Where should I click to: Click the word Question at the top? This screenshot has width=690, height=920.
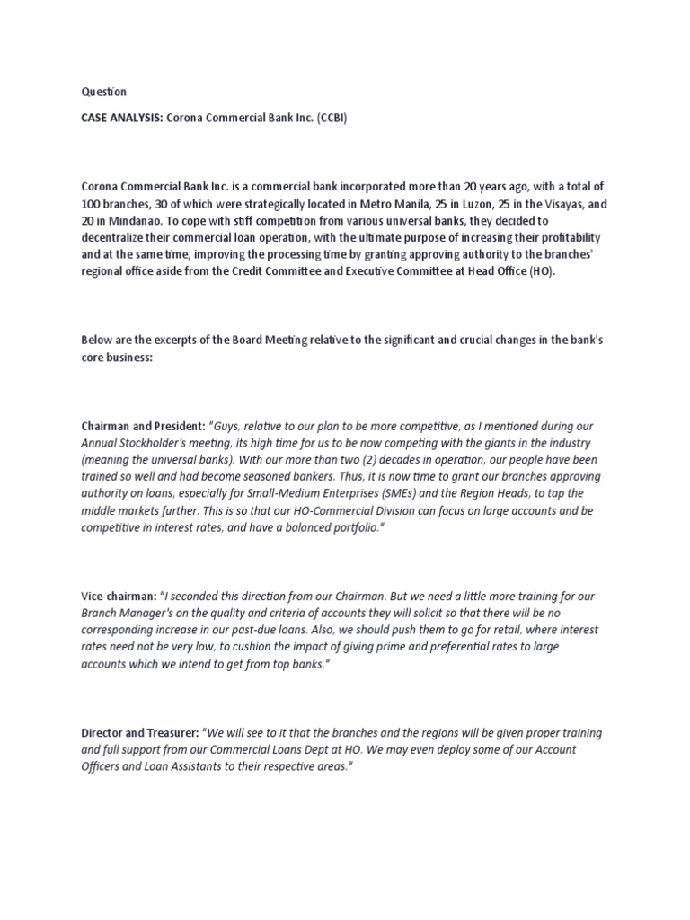tap(104, 92)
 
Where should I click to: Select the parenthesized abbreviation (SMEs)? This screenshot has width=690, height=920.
tap(414, 493)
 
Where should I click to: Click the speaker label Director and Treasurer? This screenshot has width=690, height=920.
tap(139, 732)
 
